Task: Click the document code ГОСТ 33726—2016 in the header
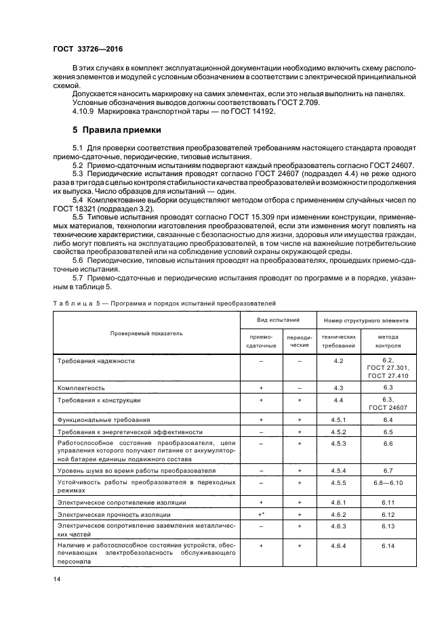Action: pos(83,49)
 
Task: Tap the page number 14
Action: pos(57,578)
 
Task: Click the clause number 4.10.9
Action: pos(84,111)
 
